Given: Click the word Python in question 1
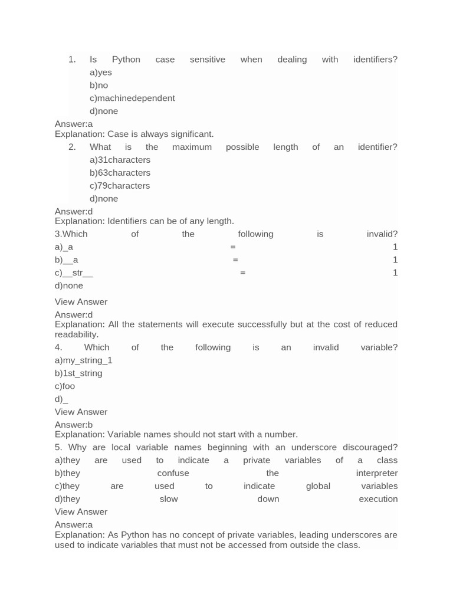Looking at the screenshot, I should [x=126, y=60].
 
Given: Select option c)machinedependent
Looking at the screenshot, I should [x=132, y=99].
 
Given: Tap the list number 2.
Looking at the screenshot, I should [x=72, y=147].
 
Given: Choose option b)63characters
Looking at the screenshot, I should [x=120, y=173].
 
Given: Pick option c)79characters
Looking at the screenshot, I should [x=120, y=186].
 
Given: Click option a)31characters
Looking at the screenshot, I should [x=120, y=160].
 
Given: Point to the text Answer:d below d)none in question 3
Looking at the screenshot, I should [x=74, y=315].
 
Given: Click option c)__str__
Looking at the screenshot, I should [x=74, y=273].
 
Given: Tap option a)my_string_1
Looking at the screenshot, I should [x=83, y=360].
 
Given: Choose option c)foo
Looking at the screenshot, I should [x=65, y=386].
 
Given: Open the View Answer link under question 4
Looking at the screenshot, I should [x=81, y=412].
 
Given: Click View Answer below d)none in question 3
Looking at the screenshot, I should [x=81, y=302].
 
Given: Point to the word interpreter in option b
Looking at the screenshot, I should [x=377, y=473].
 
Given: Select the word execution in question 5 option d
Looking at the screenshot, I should [x=378, y=499].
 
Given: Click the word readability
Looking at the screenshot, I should [x=76, y=334].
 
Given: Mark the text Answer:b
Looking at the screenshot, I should [x=74, y=425].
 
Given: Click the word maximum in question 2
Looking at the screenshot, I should [x=192, y=147].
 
